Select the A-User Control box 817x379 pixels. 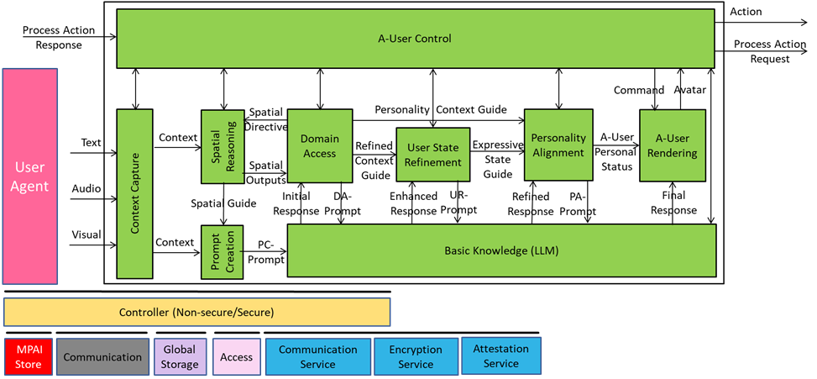point(415,39)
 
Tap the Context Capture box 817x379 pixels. point(134,193)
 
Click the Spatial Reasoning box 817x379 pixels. point(222,146)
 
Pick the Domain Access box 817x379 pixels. point(319,145)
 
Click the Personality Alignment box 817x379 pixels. point(558,145)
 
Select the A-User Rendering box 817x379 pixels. point(672,145)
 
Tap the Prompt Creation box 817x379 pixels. point(222,252)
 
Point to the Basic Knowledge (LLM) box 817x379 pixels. point(501,250)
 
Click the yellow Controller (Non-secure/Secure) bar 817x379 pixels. point(196,312)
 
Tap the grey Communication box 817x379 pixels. point(102,357)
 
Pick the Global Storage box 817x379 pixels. point(179,356)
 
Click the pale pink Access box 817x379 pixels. point(237,356)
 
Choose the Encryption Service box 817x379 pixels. point(416,356)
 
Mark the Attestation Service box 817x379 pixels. point(501,355)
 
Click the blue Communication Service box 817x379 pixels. point(317,356)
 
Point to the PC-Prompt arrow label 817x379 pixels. point(265,252)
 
